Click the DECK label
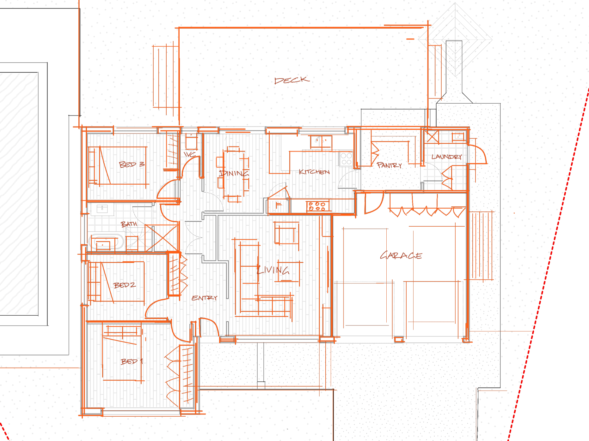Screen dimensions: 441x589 pyautogui.click(x=292, y=80)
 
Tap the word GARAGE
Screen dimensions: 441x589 pyautogui.click(x=401, y=255)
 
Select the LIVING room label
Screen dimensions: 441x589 pyautogui.click(x=273, y=270)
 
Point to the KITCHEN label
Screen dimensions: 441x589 pyautogui.click(x=314, y=172)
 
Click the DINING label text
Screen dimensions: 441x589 pyautogui.click(x=234, y=173)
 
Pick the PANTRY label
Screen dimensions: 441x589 pyautogui.click(x=389, y=165)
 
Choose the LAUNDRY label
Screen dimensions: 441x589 pyautogui.click(x=446, y=157)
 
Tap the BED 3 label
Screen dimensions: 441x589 pyautogui.click(x=132, y=164)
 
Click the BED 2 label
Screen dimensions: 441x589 pyautogui.click(x=125, y=285)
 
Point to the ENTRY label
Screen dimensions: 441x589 pyautogui.click(x=204, y=298)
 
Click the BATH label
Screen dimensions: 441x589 pyautogui.click(x=129, y=224)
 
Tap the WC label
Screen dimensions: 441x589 pyautogui.click(x=190, y=154)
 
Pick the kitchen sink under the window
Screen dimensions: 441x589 pyautogui.click(x=321, y=141)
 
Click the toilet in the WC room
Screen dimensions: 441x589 pyautogui.click(x=191, y=141)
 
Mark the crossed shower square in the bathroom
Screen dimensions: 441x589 pyautogui.click(x=162, y=238)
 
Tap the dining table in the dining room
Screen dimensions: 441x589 pyautogui.click(x=234, y=174)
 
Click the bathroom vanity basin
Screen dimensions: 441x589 pyautogui.click(x=102, y=209)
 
